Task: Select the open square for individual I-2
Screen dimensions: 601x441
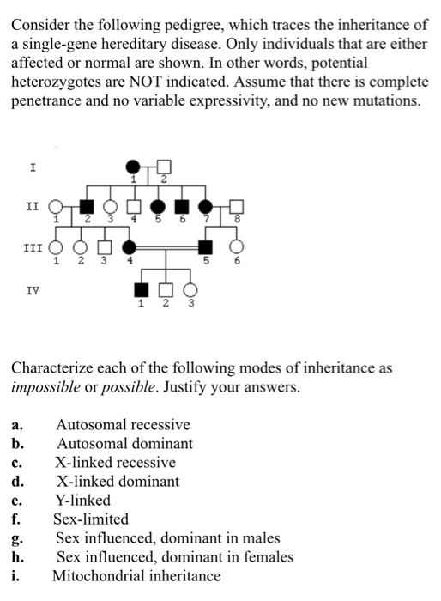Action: click(x=164, y=166)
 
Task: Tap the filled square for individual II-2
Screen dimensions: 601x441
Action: click(x=86, y=207)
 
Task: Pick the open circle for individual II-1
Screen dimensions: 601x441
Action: click(x=57, y=207)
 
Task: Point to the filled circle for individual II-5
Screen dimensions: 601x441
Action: click(x=158, y=207)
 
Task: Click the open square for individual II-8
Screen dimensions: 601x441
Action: click(x=237, y=207)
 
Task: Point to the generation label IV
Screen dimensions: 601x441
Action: click(x=33, y=291)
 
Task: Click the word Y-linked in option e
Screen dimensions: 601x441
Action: click(x=83, y=500)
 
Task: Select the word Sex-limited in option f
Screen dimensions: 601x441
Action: click(x=91, y=519)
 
